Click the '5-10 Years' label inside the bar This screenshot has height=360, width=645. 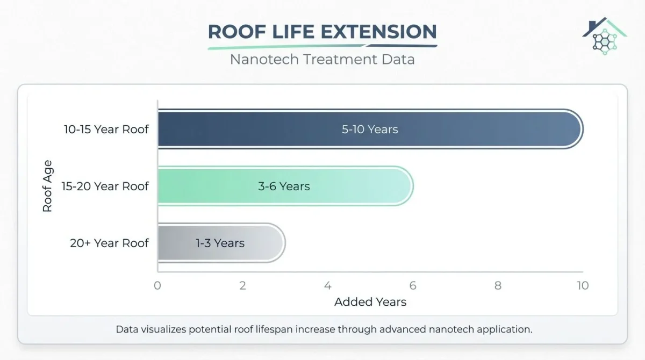[x=370, y=129]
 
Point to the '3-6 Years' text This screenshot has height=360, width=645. [x=284, y=186]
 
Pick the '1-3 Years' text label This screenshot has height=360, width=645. [x=220, y=243]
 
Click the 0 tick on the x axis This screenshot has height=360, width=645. [x=157, y=285]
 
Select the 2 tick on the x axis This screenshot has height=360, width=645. [x=242, y=285]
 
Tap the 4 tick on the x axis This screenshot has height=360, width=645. [x=328, y=285]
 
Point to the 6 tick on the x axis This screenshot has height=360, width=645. [x=413, y=285]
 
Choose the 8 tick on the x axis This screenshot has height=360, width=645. [x=498, y=285]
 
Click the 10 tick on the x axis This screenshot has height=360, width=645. [x=583, y=285]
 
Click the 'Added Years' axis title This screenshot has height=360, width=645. [x=370, y=302]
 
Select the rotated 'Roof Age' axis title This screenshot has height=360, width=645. [x=47, y=186]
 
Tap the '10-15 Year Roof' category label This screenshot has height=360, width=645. [x=106, y=129]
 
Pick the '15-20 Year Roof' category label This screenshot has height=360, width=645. [x=105, y=186]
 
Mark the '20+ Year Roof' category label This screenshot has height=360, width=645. [x=109, y=243]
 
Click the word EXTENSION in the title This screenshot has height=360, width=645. [x=379, y=32]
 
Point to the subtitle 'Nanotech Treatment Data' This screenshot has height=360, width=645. [x=322, y=59]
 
